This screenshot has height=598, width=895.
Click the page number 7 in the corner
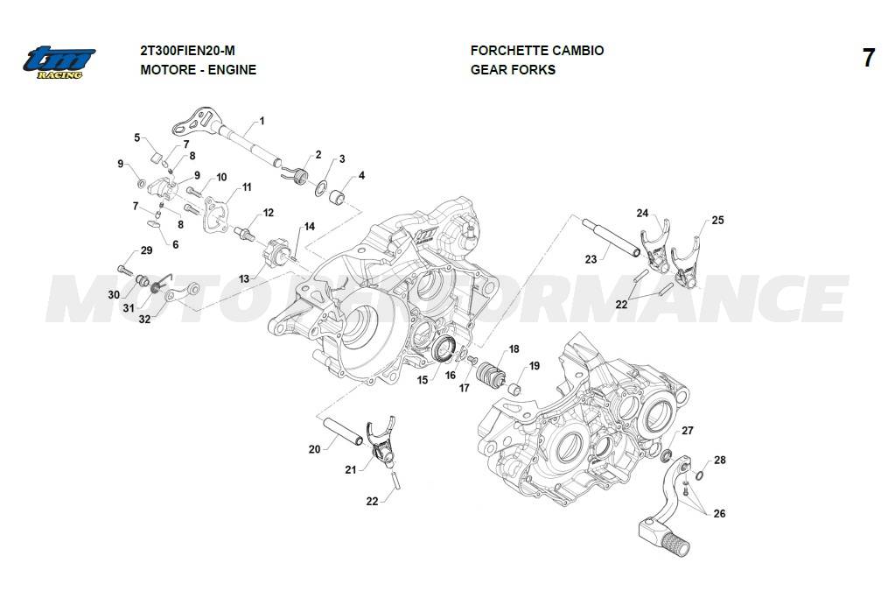point(868,59)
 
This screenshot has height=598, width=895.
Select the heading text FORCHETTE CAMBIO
point(536,51)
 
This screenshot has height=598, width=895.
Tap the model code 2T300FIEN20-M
point(187,51)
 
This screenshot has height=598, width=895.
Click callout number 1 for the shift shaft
point(262,120)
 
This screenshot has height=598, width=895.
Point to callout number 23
point(591,258)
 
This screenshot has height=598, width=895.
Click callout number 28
point(719,460)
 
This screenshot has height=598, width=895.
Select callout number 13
point(243,278)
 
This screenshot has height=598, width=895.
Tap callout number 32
point(144,320)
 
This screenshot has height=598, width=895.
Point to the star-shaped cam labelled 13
point(279,256)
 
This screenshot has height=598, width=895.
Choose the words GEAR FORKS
point(513,70)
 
